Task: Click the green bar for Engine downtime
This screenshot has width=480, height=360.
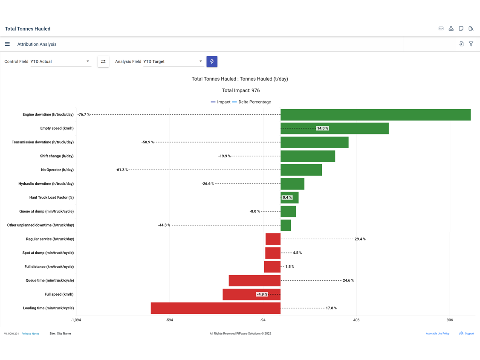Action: (375, 115)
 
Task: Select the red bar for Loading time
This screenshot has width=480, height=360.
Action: (215, 308)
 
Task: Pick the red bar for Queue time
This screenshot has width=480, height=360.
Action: (254, 281)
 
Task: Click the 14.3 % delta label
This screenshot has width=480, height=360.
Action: (322, 128)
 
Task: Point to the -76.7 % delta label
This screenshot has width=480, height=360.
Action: (84, 115)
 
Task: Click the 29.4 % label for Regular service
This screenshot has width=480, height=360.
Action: (360, 239)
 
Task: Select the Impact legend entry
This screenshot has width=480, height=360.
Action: (220, 102)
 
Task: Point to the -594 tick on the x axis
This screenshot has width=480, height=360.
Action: (169, 320)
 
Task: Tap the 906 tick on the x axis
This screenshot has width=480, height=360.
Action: (450, 320)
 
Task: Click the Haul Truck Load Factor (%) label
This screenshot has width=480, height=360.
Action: (51, 197)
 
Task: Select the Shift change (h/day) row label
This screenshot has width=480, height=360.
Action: (57, 156)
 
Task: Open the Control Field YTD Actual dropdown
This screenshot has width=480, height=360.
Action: (61, 61)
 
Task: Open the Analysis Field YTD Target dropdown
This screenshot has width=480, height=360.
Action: (173, 61)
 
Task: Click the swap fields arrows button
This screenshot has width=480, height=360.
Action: (103, 61)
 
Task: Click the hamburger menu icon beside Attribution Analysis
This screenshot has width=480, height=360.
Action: (7, 44)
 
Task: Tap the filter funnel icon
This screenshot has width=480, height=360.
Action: (471, 44)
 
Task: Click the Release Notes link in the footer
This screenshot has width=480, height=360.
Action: (30, 334)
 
